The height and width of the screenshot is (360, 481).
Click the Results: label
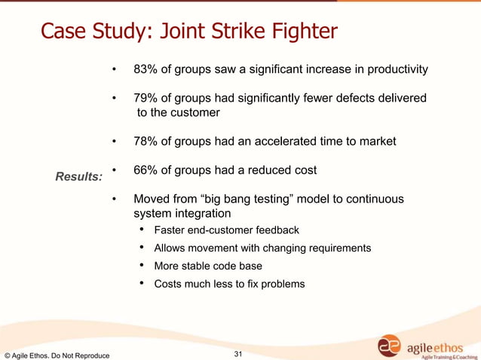(79, 177)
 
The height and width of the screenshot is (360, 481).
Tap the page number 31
(240, 353)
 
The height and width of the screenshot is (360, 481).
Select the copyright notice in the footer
(57, 355)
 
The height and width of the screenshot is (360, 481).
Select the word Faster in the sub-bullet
(170, 230)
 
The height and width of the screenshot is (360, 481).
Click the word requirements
(337, 248)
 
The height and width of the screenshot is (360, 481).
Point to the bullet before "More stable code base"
(142, 266)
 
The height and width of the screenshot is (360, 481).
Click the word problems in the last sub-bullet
(280, 284)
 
